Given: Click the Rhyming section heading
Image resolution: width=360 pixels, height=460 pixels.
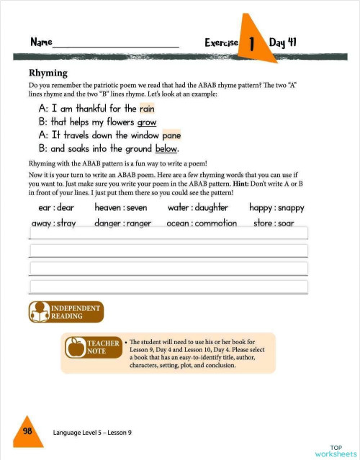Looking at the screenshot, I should (48, 73).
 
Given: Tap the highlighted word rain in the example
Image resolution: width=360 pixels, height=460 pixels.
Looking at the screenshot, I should (147, 109).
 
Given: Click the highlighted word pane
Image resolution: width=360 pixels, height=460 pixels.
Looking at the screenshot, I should (171, 135).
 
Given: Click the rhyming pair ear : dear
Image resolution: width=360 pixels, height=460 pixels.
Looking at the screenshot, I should (55, 208).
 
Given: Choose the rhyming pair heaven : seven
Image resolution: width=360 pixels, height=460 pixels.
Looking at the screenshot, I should (120, 208).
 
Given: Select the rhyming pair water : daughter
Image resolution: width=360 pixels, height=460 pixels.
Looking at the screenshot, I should (197, 208).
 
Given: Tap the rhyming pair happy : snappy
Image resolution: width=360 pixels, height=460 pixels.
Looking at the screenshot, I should (276, 208).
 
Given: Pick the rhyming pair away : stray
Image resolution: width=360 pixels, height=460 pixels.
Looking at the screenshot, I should (54, 223).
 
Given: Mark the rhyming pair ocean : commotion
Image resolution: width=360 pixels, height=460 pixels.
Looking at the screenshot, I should (201, 223).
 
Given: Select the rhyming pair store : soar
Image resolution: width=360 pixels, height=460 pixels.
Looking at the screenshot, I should (274, 223).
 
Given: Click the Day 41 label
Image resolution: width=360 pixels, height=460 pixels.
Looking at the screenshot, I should (283, 42).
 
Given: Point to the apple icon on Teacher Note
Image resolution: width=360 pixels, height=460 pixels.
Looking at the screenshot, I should (74, 348).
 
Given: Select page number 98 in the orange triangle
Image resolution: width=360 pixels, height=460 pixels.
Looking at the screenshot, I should (27, 430).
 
